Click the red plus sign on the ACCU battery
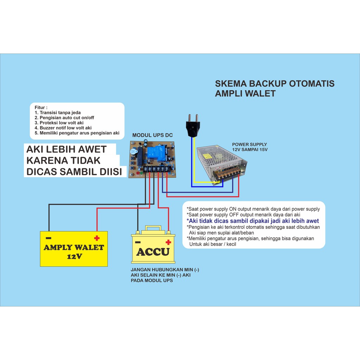pos(168,242)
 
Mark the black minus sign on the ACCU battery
pos(138,242)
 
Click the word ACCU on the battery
pos(153,252)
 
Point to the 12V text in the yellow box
pos(74,256)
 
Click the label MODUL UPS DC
pos(153,135)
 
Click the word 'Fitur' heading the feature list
pos(41,107)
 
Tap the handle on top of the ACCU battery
pos(153,228)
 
